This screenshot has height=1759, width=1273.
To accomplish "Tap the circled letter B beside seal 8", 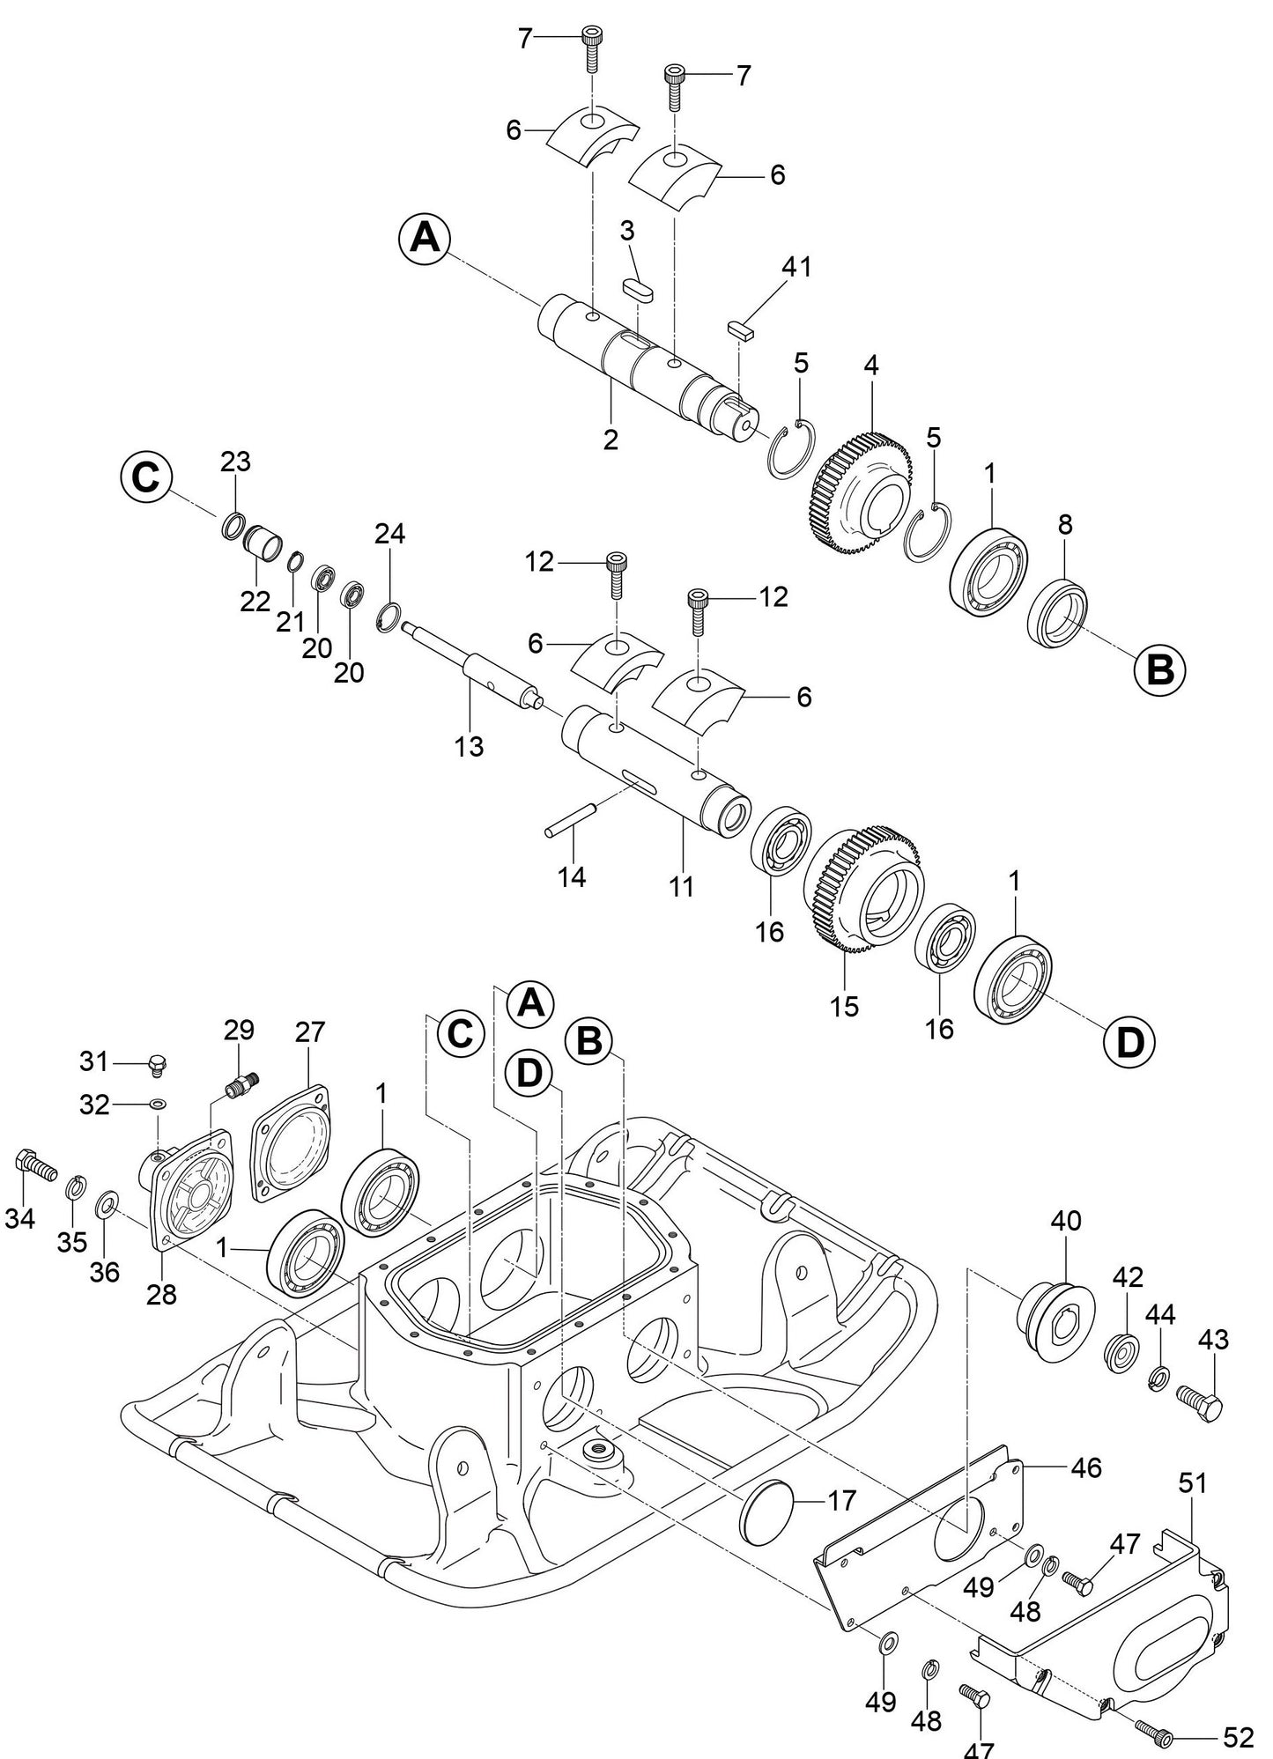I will [x=1159, y=669].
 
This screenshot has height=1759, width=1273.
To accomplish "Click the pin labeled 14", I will [x=572, y=817].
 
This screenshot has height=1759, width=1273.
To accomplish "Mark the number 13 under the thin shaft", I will [x=470, y=747].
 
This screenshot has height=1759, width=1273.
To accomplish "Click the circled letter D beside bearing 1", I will [x=1129, y=1042].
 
